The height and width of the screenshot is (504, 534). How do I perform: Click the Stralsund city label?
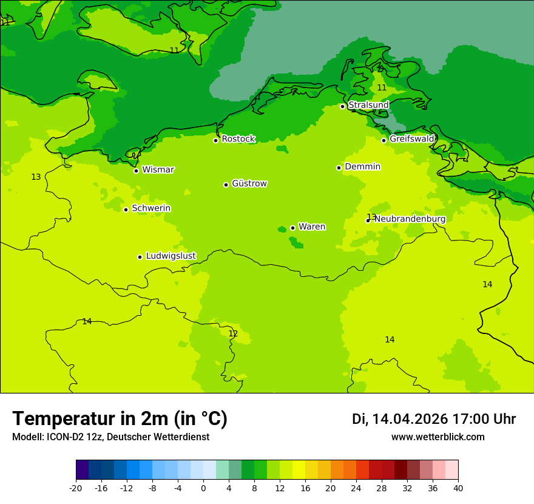pyautogui.click(x=368, y=106)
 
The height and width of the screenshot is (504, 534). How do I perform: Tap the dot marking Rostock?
pyautogui.click(x=215, y=140)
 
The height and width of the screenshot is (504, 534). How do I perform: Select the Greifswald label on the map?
pyautogui.click(x=411, y=139)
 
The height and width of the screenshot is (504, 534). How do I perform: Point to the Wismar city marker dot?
pyautogui.click(x=137, y=171)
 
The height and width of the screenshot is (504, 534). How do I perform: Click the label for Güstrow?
pyautogui.click(x=249, y=184)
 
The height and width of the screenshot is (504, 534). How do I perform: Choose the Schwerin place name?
pyautogui.click(x=151, y=208)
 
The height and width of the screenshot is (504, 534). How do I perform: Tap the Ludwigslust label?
pyautogui.click(x=171, y=256)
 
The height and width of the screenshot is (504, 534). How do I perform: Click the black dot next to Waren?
pyautogui.click(x=292, y=228)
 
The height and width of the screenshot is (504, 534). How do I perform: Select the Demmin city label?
pyautogui.click(x=362, y=167)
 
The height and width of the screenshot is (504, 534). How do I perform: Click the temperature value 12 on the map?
pyautogui.click(x=233, y=334)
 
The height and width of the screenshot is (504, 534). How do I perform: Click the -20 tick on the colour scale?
pyautogui.click(x=76, y=488)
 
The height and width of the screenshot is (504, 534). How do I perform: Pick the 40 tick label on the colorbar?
pyautogui.click(x=458, y=488)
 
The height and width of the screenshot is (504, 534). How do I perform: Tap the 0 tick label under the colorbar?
pyautogui.click(x=203, y=488)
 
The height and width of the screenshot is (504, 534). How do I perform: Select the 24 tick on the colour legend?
pyautogui.click(x=356, y=488)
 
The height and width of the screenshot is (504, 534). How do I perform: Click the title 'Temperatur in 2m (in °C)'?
pyautogui.click(x=120, y=418)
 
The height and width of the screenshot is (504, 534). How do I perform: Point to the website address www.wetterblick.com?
pyautogui.click(x=438, y=437)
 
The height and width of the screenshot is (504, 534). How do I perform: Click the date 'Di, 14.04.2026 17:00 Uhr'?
pyautogui.click(x=433, y=419)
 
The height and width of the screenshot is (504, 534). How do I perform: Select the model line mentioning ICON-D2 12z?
pyautogui.click(x=110, y=437)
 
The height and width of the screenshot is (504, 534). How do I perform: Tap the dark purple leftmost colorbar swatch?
pyautogui.click(x=83, y=470)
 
